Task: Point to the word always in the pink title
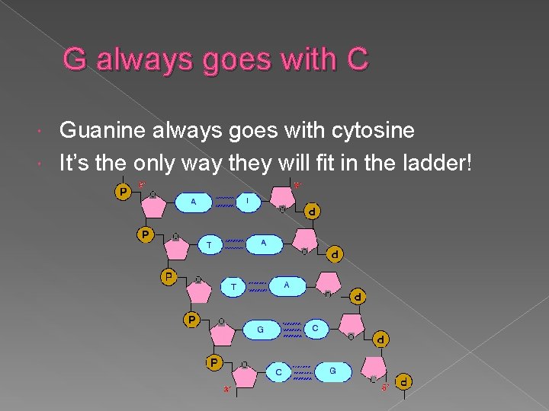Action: (x=140, y=60)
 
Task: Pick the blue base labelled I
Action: (x=247, y=201)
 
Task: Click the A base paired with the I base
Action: (x=194, y=202)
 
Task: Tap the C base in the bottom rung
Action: (x=279, y=372)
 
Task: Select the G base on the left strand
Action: (x=261, y=330)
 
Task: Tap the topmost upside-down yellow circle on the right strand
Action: (x=312, y=211)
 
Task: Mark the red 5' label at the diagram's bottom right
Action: (x=386, y=388)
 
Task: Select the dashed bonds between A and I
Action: (x=223, y=202)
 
